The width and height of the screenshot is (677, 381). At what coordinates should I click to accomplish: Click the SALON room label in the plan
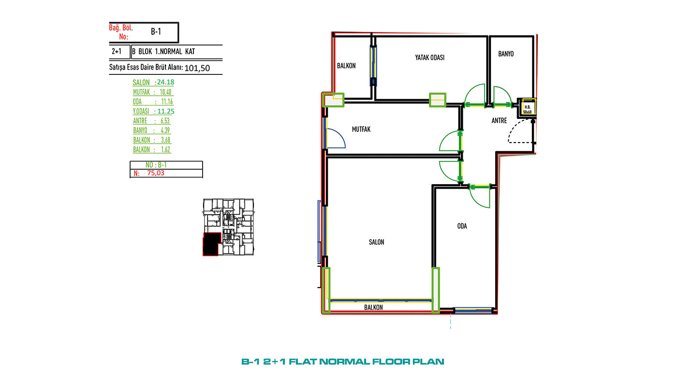(376, 242)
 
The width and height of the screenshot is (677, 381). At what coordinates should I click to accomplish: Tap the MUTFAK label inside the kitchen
(361, 129)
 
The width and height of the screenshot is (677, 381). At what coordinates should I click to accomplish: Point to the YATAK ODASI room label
(429, 58)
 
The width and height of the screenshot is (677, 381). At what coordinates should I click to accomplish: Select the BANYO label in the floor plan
(506, 54)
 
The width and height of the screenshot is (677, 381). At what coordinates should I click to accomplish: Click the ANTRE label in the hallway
(499, 120)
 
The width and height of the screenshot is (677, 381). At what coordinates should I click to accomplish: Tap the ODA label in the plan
(462, 226)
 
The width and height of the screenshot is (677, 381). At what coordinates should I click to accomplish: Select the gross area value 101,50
(197, 68)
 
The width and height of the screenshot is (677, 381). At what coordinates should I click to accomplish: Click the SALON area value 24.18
(165, 82)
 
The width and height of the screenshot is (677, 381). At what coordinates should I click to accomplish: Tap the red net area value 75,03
(156, 173)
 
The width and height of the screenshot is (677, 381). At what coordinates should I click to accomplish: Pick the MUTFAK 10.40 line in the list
(152, 92)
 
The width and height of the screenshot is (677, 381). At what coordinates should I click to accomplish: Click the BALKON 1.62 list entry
(152, 149)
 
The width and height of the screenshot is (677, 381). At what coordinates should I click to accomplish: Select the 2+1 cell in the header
(117, 51)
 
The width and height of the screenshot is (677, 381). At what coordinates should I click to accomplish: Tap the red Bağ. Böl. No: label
(121, 32)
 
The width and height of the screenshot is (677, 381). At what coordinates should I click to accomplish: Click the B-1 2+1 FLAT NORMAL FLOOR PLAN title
(343, 361)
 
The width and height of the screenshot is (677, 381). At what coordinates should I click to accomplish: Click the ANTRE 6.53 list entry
(151, 121)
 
